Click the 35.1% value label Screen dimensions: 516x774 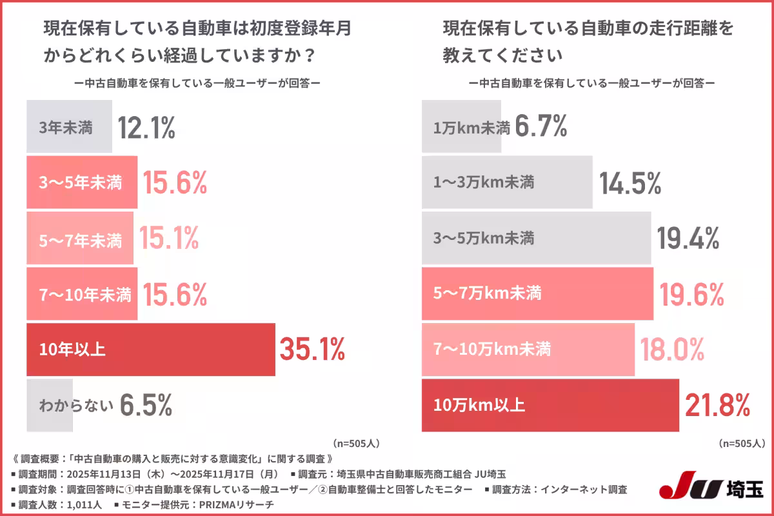(x=312, y=349)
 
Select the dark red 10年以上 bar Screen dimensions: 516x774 (x=150, y=350)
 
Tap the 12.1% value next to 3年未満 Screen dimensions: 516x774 (x=146, y=128)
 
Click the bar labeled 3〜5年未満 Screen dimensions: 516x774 (x=81, y=183)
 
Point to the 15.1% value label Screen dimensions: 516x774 (x=169, y=239)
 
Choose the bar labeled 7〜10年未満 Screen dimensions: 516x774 (x=82, y=295)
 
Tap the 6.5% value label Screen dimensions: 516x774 (x=146, y=406)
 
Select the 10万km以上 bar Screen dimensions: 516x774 (x=550, y=405)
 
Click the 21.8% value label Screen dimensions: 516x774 (x=717, y=406)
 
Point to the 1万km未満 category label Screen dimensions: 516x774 (x=471, y=128)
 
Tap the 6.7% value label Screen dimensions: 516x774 (x=541, y=127)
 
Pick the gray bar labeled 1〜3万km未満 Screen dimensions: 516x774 (x=506, y=183)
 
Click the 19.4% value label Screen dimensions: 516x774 (x=688, y=239)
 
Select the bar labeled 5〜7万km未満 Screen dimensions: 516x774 (x=537, y=294)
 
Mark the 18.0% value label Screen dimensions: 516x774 (x=671, y=350)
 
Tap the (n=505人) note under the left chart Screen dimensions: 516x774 (x=357, y=444)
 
